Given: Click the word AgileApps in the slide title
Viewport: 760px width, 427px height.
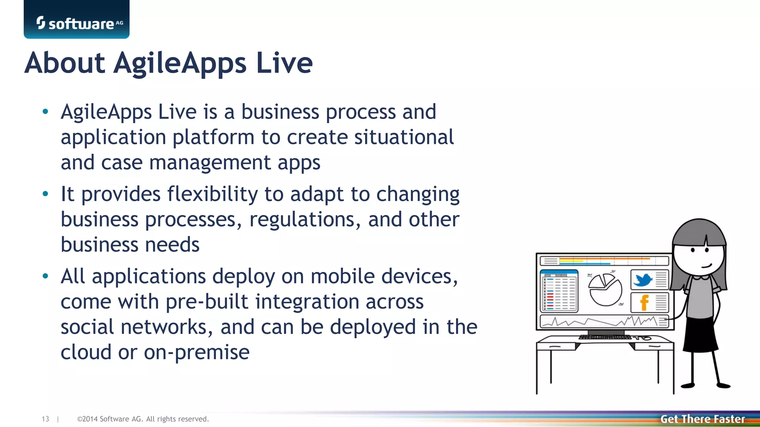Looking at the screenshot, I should click(x=180, y=63).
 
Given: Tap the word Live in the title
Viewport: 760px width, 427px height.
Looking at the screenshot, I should click(x=284, y=63).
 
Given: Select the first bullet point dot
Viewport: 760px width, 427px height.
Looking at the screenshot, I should click(x=45, y=112).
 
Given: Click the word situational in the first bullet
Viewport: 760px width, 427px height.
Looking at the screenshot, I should click(x=404, y=137).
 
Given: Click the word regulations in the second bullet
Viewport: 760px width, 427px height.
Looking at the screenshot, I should click(x=305, y=220).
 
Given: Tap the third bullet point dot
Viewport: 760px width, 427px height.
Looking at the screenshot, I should click(x=45, y=276).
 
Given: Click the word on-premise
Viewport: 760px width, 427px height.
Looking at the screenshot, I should click(x=197, y=352).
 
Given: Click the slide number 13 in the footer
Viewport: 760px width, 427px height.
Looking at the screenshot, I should click(x=45, y=419).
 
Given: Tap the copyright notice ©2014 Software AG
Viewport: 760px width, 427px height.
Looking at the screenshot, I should click(x=143, y=419).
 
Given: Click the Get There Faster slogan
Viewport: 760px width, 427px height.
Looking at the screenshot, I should click(x=702, y=419).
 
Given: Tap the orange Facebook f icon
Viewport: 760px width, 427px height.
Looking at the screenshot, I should click(x=645, y=302).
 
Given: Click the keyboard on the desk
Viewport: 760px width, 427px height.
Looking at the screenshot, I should click(x=605, y=337).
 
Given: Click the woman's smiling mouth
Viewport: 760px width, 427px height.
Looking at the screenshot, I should click(x=706, y=265).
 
